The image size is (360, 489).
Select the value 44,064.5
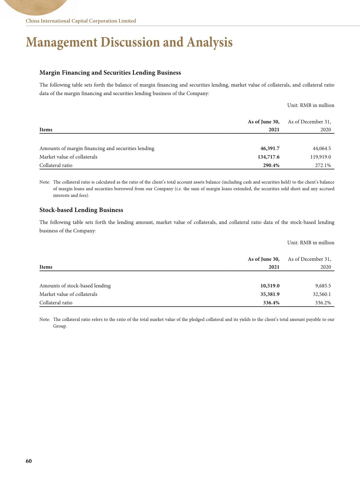322,148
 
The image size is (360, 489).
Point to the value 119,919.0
321,157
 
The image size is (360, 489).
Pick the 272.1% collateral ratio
323,165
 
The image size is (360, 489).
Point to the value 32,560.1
322,294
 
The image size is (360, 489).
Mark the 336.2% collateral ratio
323,303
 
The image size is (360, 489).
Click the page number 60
29,461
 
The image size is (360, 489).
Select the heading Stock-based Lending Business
81,210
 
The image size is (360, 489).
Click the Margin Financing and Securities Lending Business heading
110,73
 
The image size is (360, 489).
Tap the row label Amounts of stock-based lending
75,286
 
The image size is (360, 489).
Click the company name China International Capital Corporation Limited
81,21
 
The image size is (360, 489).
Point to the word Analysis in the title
210,42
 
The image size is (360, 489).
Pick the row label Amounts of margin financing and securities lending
97,148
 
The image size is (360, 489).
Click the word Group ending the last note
60,326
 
